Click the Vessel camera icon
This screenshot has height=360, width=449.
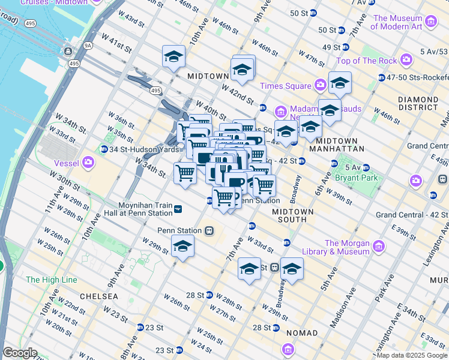click(89, 162)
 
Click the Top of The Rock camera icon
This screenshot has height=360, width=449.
click(406, 60)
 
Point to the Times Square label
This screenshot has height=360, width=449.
click(286, 86)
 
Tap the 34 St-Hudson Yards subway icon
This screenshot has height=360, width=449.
click(104, 149)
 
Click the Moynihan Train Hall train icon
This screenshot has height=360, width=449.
click(178, 209)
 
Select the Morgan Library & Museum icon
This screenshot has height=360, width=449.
click(378, 247)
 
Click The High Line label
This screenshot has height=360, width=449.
click(51, 280)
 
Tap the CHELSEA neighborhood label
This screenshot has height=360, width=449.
click(97, 296)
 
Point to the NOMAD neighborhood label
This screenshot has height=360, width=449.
click(303, 332)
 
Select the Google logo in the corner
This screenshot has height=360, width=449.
click(20, 353)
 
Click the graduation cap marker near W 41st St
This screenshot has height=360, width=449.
click(173, 57)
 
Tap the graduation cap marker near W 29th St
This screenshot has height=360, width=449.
click(182, 247)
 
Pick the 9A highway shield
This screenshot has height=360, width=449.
click(88, 44)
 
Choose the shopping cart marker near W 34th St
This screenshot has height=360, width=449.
click(185, 173)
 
